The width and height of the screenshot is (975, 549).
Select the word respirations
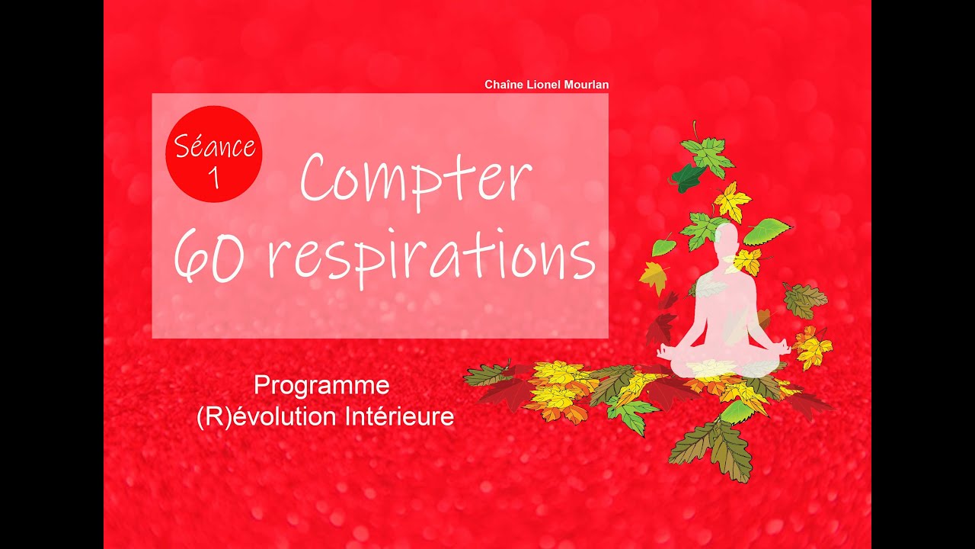point(434,257)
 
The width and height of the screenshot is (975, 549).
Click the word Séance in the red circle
point(214,146)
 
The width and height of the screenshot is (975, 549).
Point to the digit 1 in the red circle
point(213,177)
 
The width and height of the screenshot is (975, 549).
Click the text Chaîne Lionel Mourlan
point(546,85)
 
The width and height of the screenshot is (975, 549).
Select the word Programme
point(321,386)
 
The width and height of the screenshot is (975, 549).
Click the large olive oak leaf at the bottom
point(712,450)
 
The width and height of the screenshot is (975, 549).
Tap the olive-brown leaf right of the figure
point(804,300)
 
